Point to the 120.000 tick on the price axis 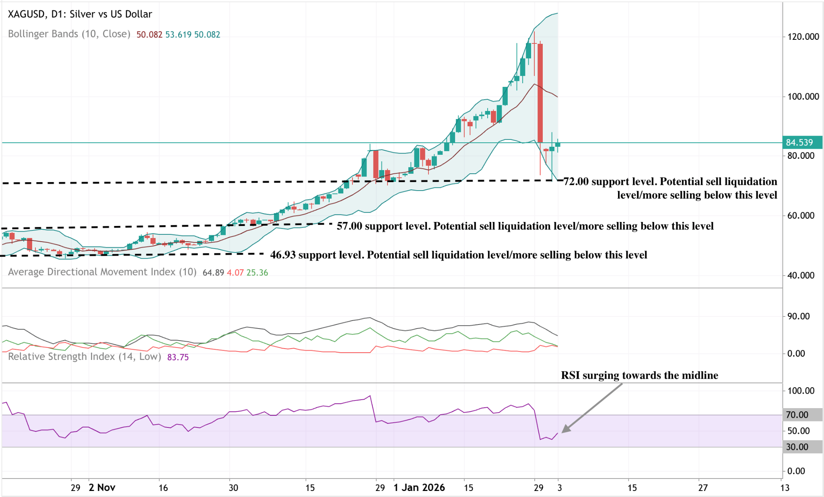(803, 37)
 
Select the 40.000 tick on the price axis (803, 275)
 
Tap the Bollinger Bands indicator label (69, 34)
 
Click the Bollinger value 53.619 (178, 35)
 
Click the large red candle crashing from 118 (540, 92)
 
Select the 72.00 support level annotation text (670, 188)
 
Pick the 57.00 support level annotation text (525, 226)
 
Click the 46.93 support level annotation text (459, 255)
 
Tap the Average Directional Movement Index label (102, 272)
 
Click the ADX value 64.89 (213, 273)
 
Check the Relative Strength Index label (84, 357)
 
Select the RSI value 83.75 (178, 357)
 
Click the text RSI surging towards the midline (639, 375)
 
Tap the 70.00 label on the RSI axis (797, 415)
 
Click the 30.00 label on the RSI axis (797, 447)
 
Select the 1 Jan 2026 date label (419, 488)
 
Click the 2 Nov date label (102, 488)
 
